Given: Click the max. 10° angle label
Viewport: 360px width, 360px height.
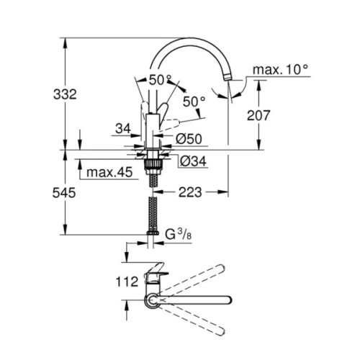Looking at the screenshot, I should (279, 70).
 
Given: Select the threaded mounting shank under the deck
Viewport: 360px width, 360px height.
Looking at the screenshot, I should (151, 165).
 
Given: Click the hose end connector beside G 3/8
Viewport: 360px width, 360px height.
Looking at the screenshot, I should (151, 234).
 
